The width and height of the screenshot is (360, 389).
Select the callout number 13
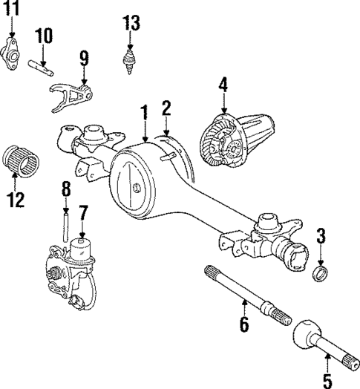[131, 22]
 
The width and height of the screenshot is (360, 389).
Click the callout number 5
[327, 380]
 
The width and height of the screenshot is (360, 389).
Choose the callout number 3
[321, 237]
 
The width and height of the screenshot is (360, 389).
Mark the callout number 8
[65, 189]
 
